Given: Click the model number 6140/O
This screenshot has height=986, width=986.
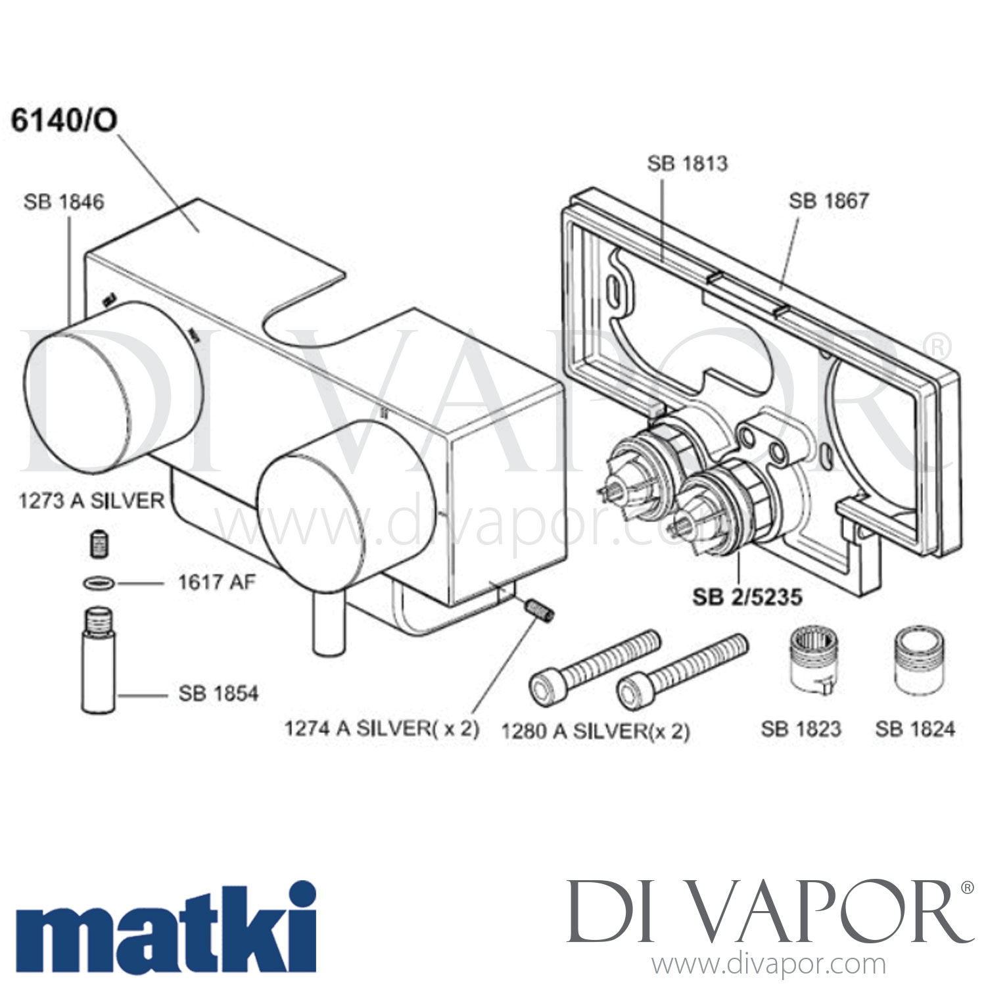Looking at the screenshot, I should point(64,121).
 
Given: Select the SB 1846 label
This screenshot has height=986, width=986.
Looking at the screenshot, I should point(64,202).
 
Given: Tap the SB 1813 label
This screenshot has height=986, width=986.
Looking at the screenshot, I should point(688,163).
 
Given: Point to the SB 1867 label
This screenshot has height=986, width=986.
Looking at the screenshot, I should point(828,200).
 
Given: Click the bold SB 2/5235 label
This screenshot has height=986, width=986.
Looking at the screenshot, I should point(747,597).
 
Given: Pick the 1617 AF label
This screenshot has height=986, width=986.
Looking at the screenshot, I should point(216,582).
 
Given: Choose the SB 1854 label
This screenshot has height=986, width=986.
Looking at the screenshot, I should point(218,693).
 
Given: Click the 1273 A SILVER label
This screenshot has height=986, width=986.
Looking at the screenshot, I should point(91,501).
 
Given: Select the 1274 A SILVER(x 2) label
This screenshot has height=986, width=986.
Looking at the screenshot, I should point(381,728).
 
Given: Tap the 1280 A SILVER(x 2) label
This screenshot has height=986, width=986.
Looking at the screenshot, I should point(596,731).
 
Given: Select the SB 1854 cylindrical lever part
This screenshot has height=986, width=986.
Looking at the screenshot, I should point(99,664).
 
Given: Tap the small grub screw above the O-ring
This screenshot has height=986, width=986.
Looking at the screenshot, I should point(99,545).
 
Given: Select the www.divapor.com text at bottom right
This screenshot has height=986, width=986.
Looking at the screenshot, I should point(768,965).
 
